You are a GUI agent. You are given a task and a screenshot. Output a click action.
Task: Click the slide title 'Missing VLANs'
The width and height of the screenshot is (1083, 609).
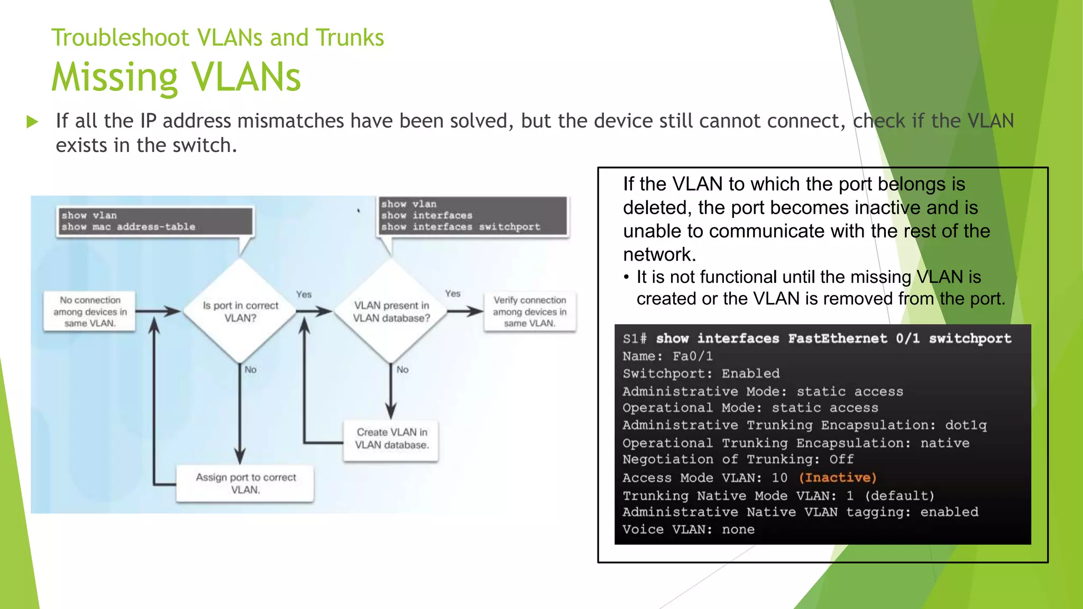pyautogui.click(x=176, y=77)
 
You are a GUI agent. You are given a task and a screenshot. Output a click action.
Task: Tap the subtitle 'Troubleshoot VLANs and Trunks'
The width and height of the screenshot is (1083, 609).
pyautogui.click(x=217, y=38)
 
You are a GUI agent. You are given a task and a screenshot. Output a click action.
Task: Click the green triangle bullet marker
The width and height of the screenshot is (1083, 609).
pyautogui.click(x=32, y=122)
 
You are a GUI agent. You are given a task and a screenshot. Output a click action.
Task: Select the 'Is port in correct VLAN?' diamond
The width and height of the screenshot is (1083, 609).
pyautogui.click(x=240, y=311)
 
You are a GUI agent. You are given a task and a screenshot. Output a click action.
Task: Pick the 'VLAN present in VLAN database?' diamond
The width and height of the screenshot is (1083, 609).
pyautogui.click(x=391, y=311)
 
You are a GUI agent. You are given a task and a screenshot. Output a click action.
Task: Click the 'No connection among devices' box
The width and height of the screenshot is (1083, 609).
pyautogui.click(x=90, y=311)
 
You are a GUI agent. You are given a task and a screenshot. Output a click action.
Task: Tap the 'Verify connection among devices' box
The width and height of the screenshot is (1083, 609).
pyautogui.click(x=529, y=311)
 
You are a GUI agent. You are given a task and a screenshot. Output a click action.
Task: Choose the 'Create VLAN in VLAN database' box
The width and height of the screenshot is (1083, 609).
pyautogui.click(x=391, y=439)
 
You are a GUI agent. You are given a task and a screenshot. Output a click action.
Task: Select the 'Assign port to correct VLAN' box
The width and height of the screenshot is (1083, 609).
pyautogui.click(x=245, y=483)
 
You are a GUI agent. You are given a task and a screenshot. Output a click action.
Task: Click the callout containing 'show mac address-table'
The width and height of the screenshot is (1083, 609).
pyautogui.click(x=154, y=222)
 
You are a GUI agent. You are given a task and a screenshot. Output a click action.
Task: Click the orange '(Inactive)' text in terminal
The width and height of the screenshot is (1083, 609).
pyautogui.click(x=838, y=477)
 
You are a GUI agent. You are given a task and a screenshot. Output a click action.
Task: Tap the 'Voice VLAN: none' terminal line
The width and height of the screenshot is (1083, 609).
pyautogui.click(x=689, y=529)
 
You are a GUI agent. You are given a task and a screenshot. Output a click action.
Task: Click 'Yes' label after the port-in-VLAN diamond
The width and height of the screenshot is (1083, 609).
pyautogui.click(x=304, y=294)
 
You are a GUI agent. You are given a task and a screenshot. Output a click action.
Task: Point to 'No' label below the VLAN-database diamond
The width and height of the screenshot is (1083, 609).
pyautogui.click(x=402, y=370)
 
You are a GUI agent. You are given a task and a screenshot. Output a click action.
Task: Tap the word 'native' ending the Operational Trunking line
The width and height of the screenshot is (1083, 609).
pyautogui.click(x=944, y=442)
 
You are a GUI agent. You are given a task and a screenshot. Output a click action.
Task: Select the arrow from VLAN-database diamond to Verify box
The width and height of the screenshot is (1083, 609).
pyautogui.click(x=465, y=311)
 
